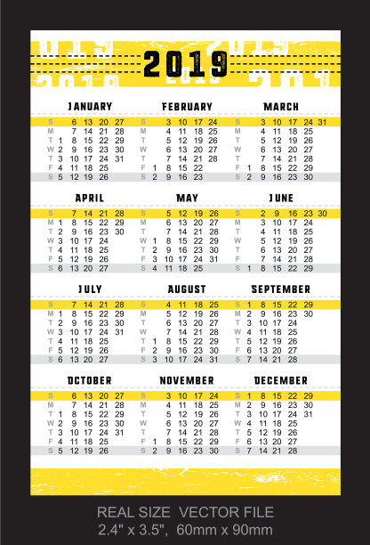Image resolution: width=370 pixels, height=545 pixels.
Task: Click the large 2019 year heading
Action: [x=185, y=63]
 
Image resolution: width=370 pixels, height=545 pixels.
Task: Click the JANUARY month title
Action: [x=90, y=107]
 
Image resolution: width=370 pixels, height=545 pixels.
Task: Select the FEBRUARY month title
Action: [x=186, y=107]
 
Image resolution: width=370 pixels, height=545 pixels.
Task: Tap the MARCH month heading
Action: [x=281, y=107]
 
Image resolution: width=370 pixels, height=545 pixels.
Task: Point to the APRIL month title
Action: [x=90, y=198]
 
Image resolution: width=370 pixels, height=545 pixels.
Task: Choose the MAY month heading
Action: [x=187, y=198]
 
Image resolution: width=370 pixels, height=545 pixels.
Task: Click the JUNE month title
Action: [x=281, y=198]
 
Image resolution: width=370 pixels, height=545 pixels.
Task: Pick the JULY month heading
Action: [x=90, y=289]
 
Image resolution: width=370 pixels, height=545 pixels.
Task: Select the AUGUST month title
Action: [x=187, y=289]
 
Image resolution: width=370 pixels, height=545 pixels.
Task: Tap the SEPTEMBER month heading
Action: [x=281, y=289]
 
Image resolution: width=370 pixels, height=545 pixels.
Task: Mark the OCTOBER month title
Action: [x=90, y=380]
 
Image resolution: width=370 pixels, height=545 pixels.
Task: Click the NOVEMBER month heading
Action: [x=187, y=380]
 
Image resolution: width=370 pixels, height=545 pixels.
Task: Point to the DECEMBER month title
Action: [x=281, y=380]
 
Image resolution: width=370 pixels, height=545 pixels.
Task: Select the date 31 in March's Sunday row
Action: [x=323, y=122]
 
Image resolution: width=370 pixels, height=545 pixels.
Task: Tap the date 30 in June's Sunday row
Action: [x=323, y=214]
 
